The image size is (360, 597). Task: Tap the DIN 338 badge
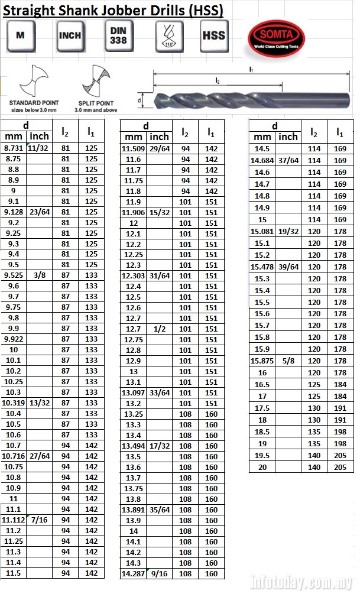[x=118, y=34]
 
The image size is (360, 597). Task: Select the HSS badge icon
[x=213, y=35]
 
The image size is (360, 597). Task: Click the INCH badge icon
[x=70, y=35]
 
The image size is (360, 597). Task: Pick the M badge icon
[x=21, y=35]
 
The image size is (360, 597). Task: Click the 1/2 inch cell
[x=159, y=329]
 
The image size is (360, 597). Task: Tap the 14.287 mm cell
[x=133, y=573]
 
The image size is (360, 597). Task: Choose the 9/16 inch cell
[x=159, y=573]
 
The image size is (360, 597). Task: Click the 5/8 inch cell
[x=288, y=361]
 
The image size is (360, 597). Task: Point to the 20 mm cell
[x=262, y=467]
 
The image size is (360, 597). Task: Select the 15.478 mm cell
[x=262, y=267]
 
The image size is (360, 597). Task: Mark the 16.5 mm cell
[x=262, y=384]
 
